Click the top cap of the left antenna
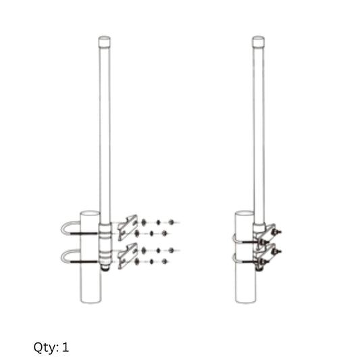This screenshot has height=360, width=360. [x=104, y=41]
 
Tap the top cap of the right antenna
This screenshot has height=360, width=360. [x=259, y=42]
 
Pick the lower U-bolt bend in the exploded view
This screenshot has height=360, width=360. [x=65, y=256]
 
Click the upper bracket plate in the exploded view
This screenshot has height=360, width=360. [x=127, y=228]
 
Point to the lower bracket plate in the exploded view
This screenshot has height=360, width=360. [x=127, y=256]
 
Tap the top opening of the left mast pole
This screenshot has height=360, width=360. [x=90, y=213]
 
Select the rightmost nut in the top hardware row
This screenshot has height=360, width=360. [x=172, y=222]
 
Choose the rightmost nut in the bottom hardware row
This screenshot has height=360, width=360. [x=172, y=251]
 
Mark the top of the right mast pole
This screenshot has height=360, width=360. [x=245, y=213]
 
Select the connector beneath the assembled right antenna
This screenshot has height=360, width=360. [x=259, y=266]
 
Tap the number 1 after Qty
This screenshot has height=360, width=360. [x=66, y=347]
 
